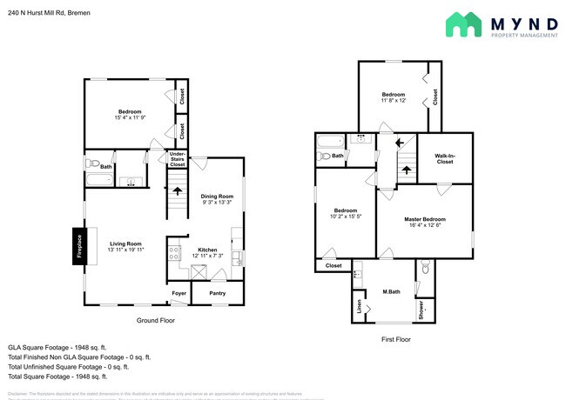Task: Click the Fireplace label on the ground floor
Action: [x=78, y=246]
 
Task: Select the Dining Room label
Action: [x=217, y=196]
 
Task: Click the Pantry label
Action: [x=217, y=294]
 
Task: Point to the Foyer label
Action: [x=179, y=294]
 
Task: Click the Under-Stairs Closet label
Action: [x=177, y=158]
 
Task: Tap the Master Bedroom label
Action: [x=424, y=219]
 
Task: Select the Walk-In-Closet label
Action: [x=444, y=157]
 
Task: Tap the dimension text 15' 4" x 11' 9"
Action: [x=130, y=118]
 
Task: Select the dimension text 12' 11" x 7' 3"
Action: [x=207, y=255]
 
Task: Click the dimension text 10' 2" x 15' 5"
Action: [x=346, y=217]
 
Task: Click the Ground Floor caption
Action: [x=156, y=321]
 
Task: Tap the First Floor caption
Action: [x=395, y=339]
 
